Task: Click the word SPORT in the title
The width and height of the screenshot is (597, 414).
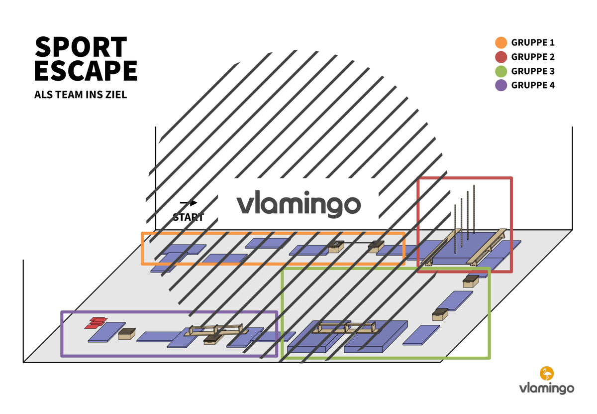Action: click(81, 47)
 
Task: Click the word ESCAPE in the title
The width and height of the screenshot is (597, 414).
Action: click(86, 70)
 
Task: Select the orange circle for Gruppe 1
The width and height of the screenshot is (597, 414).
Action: click(501, 43)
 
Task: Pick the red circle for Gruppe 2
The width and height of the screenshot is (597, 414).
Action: click(501, 57)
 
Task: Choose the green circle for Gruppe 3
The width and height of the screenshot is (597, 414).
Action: click(501, 71)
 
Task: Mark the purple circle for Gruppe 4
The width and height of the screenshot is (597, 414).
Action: click(501, 85)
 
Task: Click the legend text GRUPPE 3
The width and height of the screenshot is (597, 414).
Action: click(533, 71)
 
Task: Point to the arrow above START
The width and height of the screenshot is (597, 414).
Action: click(189, 203)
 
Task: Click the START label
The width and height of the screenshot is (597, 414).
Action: click(188, 217)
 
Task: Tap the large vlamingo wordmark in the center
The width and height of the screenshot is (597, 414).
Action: click(298, 204)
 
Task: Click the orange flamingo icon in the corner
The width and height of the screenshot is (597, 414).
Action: click(547, 373)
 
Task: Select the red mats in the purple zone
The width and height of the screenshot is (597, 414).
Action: click(96, 323)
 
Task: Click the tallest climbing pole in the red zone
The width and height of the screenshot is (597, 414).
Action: click(474, 209)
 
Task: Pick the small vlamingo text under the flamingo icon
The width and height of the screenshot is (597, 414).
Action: click(547, 389)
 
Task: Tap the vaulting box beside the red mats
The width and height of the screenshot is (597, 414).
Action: click(127, 334)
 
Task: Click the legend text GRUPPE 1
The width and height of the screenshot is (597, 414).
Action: click(533, 43)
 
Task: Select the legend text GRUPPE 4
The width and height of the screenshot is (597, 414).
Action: click(533, 85)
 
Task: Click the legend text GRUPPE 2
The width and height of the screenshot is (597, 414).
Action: click(533, 57)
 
